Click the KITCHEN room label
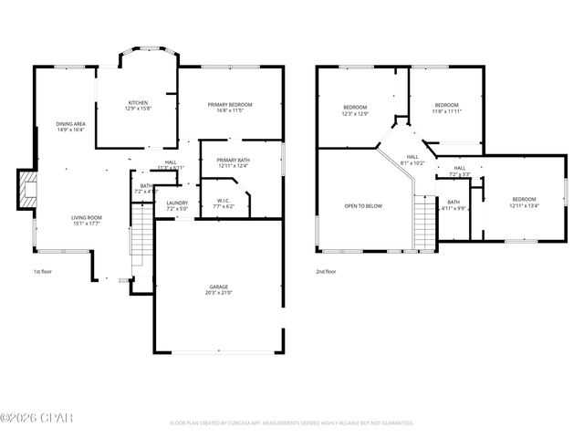point(138,103)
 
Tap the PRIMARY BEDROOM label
point(230,105)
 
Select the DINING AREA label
point(70,123)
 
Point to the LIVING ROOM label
point(88,217)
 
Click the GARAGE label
point(216,287)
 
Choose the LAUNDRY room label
point(177,203)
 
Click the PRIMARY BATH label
point(234,160)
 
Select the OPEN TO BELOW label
point(363,206)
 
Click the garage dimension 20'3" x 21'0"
point(216,293)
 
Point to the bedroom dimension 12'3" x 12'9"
point(355,114)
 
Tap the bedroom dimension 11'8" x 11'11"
point(446,110)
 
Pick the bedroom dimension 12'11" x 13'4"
point(524,205)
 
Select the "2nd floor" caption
point(327,271)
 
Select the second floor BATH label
point(454,202)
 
